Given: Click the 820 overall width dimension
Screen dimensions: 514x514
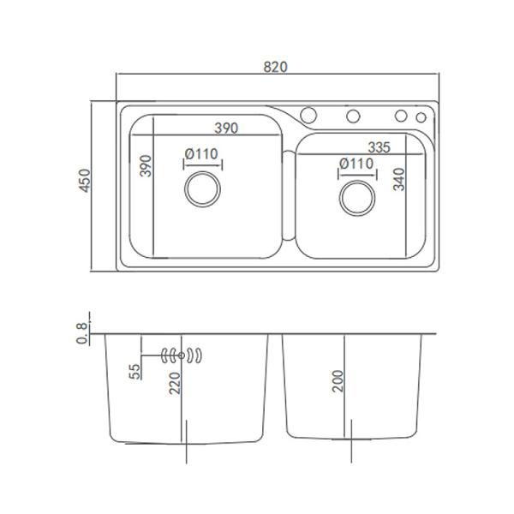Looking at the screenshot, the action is click(x=275, y=67).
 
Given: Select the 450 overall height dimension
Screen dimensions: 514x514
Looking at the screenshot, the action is click(x=84, y=180).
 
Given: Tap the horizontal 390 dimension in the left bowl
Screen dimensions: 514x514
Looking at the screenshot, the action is click(x=226, y=128).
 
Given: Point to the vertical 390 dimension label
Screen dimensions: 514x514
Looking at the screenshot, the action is click(x=146, y=166).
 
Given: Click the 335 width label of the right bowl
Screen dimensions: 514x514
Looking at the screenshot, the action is click(x=380, y=147).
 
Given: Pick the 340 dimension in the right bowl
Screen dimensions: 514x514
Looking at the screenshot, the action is click(x=399, y=179).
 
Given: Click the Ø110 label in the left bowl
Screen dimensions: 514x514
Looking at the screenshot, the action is click(x=201, y=153).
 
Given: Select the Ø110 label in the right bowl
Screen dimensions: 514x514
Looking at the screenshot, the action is click(x=356, y=164).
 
